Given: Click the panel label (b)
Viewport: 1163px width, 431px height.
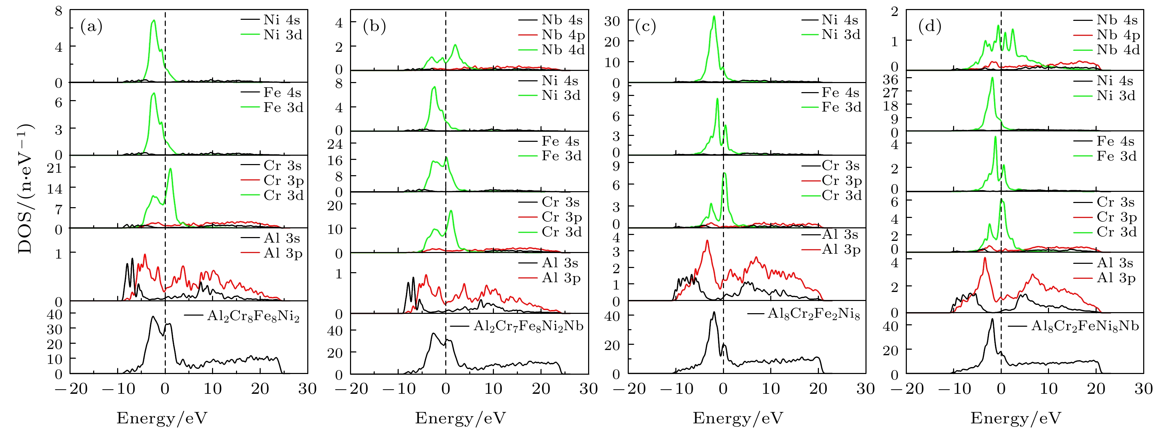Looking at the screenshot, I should point(374,27).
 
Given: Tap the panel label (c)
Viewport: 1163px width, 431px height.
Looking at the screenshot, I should point(645,27).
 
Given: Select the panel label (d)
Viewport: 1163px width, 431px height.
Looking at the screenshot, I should point(929,27).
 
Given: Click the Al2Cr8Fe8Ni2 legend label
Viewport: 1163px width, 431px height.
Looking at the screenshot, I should point(253,316).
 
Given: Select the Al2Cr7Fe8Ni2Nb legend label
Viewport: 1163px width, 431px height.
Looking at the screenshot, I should point(528,326).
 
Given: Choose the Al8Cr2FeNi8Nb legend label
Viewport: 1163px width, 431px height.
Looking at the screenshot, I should point(1085,326).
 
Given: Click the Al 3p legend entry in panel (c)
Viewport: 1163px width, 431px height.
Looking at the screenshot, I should point(841,249).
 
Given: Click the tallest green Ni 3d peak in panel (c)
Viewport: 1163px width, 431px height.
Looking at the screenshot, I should point(714,17).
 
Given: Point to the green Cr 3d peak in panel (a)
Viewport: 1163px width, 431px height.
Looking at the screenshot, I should point(170,169).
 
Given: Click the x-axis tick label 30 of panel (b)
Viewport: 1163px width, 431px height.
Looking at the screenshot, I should point(588,389).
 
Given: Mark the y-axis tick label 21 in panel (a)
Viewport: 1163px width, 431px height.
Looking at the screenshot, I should point(55,168).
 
